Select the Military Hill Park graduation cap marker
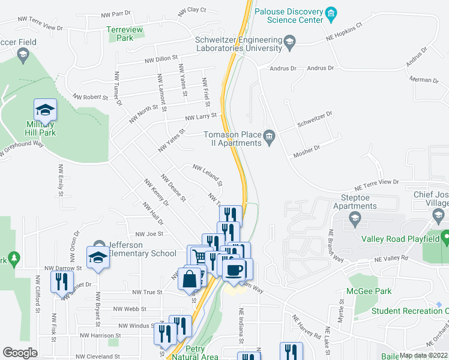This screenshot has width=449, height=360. pos(45,110)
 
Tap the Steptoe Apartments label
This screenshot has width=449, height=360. pos(355,206)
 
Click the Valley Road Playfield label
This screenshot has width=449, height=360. pos(400,238)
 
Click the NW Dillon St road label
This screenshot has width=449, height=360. pos(161,59)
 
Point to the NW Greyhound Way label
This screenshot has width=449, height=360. pos(22,151)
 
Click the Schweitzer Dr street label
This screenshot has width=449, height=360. pos(315,119)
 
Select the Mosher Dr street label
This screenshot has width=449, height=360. pos(306,152)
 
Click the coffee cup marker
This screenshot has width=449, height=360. pos(238,269)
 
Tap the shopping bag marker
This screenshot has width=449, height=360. pos(190,280)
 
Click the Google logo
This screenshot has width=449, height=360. pos(20,353)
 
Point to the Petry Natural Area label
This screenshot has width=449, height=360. pos(195,352)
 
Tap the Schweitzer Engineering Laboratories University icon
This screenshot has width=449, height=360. pos(289,41)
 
